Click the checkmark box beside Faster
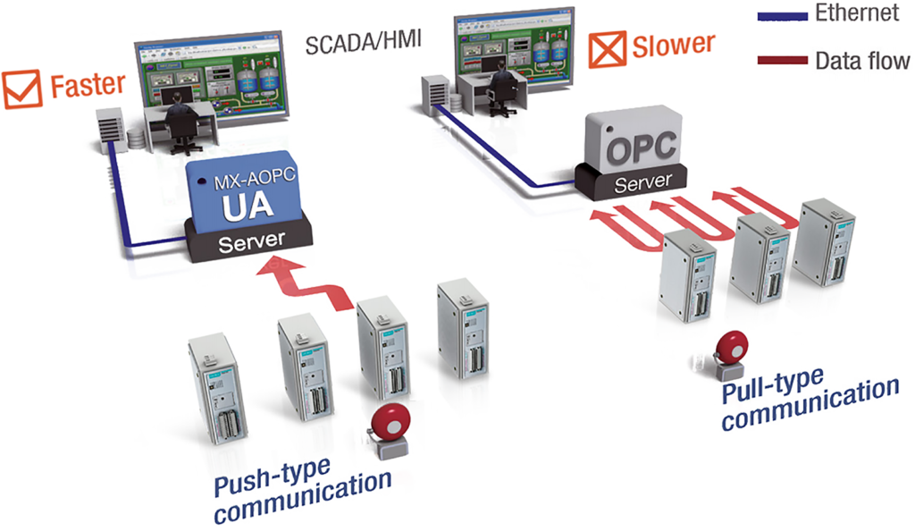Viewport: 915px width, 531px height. coord(21,89)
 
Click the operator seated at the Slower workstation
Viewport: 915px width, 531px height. coord(502,87)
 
